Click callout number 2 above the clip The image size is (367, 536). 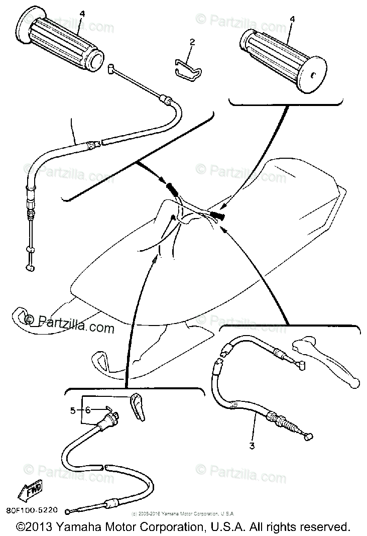tap(191, 43)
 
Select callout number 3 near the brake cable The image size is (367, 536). tap(253, 446)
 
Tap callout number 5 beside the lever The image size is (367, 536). tap(73, 410)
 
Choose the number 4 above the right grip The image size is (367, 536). tap(292, 20)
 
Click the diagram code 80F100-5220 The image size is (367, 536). tap(30, 510)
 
